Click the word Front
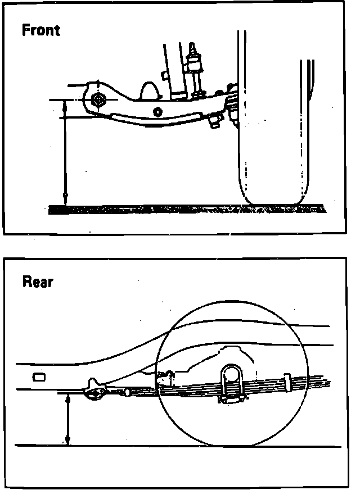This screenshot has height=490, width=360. [40, 30]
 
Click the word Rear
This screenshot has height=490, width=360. [38, 282]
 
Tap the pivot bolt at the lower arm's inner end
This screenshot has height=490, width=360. [98, 101]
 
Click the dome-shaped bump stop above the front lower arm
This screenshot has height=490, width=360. [149, 90]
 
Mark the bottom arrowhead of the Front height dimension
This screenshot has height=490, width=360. [65, 201]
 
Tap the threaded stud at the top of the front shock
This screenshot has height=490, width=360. [195, 49]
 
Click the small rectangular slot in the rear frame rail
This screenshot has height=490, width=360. [38, 377]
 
